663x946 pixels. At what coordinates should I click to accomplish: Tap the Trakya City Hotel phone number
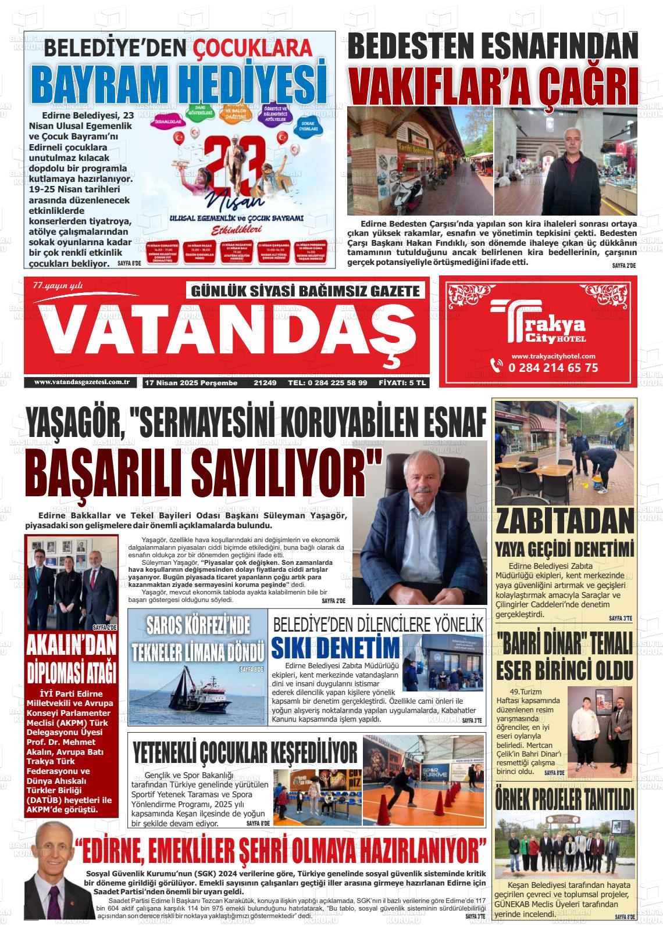click(x=552, y=368)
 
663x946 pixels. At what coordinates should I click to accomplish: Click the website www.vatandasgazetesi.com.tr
click(x=81, y=382)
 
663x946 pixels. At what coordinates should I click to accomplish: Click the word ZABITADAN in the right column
click(x=565, y=521)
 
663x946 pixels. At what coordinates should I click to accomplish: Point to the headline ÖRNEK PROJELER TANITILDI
click(x=565, y=799)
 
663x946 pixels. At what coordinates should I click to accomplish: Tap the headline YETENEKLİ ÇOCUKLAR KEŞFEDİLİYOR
click(x=245, y=752)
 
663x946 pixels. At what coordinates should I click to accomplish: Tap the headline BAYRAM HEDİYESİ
click(x=178, y=84)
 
